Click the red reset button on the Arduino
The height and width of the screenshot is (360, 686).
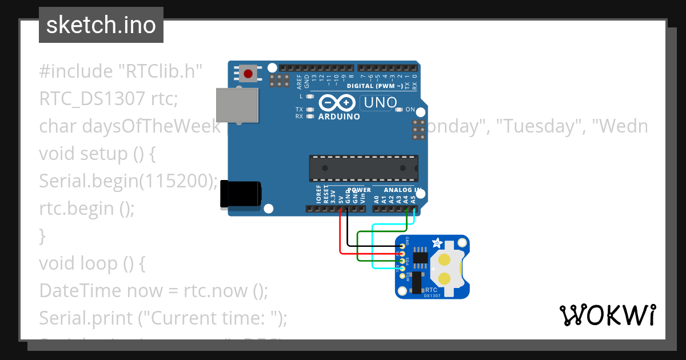tap(248, 74)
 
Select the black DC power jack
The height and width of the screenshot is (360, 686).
tap(241, 194)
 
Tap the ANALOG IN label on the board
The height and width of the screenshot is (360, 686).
tap(403, 190)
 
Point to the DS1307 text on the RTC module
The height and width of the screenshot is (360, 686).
tap(433, 295)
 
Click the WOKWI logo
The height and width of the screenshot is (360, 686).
tap(607, 315)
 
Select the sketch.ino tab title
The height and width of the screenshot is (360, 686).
tap(101, 25)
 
